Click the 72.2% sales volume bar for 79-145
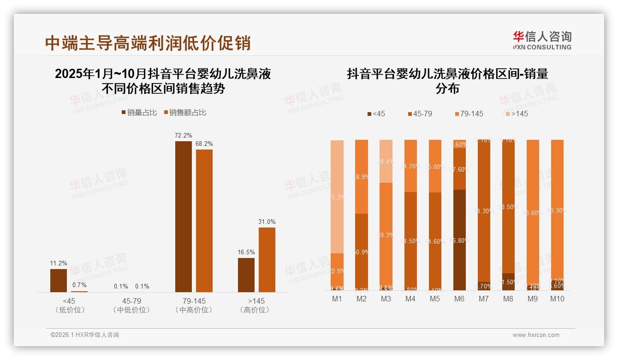point(183,217)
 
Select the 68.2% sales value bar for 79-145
point(204,221)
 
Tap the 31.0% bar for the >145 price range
point(267,259)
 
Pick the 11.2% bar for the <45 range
point(59,280)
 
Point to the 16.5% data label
point(246,252)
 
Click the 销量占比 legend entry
point(139,113)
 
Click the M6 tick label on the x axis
point(459,299)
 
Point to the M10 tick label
point(557,299)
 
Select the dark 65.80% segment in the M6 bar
point(459,240)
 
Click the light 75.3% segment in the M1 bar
point(337,197)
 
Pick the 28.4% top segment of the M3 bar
point(386,162)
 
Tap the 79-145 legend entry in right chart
point(469,114)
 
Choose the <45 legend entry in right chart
point(376,114)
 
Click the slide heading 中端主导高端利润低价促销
point(148,43)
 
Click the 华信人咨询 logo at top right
point(542,40)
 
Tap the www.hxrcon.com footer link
point(536,335)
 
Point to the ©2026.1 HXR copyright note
point(85,335)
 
